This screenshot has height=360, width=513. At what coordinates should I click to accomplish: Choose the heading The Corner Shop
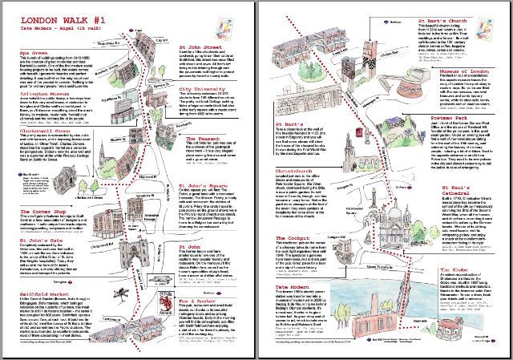coord(46,214)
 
